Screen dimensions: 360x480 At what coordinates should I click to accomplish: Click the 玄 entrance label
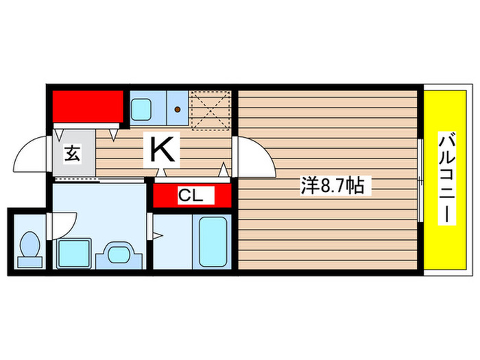[x=71, y=154]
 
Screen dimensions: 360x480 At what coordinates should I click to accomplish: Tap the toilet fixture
[x=29, y=248]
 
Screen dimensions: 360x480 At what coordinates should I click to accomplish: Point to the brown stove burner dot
[x=178, y=108]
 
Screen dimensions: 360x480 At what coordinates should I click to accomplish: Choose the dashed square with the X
[x=211, y=109]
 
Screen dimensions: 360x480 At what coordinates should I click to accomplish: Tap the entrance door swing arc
[x=32, y=154]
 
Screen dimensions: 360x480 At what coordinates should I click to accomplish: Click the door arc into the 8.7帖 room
[x=256, y=156]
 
